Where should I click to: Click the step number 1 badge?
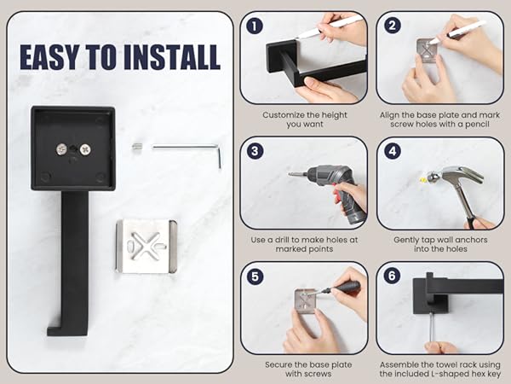tap(255, 26)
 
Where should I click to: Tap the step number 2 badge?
tap(393, 26)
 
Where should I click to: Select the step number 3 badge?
tap(255, 151)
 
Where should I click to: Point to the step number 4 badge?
tap(393, 151)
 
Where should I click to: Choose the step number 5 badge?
tap(255, 276)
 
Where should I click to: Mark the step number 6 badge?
tap(392, 276)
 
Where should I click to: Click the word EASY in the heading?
tap(49, 57)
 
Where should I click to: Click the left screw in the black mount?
tap(62, 149)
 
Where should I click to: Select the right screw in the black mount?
tap(85, 149)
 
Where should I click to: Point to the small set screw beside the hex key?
tap(138, 147)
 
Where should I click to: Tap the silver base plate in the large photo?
tap(146, 247)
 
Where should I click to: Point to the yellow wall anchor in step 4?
tap(422, 179)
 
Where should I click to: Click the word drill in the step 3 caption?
tap(284, 240)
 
